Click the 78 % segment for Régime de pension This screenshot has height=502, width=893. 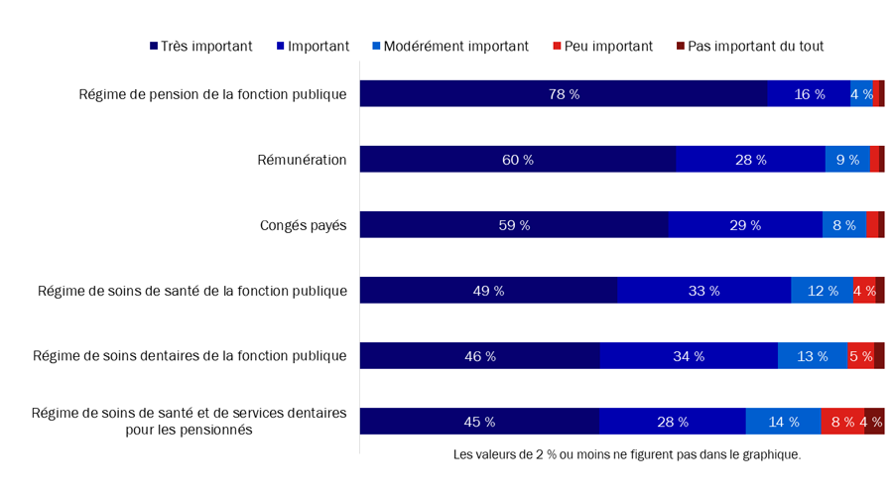click(x=563, y=94)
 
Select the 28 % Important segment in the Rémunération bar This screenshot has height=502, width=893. click(x=750, y=160)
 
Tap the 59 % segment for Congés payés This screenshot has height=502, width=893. click(x=513, y=225)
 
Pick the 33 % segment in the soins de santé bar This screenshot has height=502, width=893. click(x=703, y=291)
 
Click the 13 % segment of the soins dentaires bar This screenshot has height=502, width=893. click(x=812, y=356)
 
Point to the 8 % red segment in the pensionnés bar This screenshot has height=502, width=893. click(x=841, y=422)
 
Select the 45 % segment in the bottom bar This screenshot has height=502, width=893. click(x=478, y=422)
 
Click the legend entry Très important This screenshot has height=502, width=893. click(x=201, y=46)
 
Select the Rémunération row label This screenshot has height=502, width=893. click(x=302, y=160)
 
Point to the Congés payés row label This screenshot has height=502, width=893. click(x=303, y=225)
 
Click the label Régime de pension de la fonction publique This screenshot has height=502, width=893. click(x=212, y=94)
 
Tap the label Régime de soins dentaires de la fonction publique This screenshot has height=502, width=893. click(x=190, y=356)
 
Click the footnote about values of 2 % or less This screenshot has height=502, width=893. click(x=626, y=455)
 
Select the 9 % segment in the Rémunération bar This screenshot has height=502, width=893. click(x=847, y=160)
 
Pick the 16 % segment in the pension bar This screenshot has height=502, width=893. click(x=809, y=94)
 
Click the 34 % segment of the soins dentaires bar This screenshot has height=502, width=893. click(x=688, y=356)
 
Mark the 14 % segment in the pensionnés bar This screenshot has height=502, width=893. click(x=783, y=422)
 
